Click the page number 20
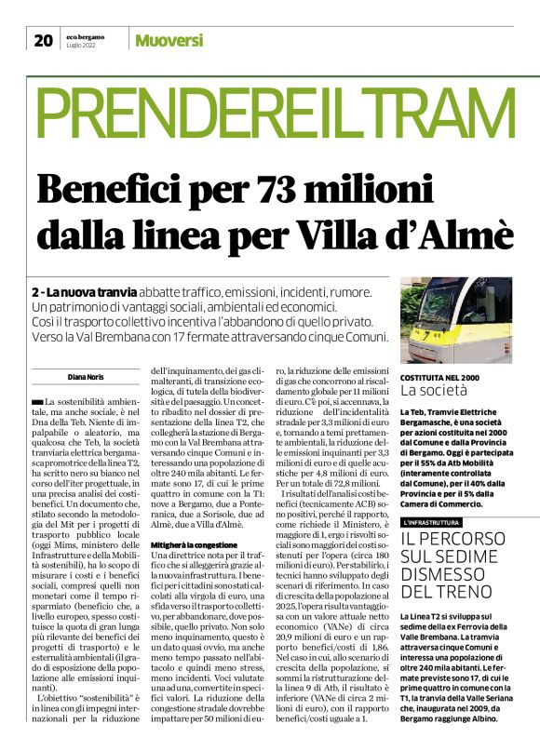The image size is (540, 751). click(x=43, y=39)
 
